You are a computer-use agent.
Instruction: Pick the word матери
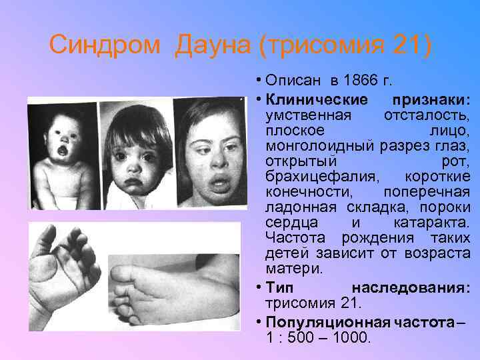[x=293, y=269]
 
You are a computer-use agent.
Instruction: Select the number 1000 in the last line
[x=349, y=337]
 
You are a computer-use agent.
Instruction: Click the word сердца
[x=291, y=223]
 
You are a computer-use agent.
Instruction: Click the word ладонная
[x=297, y=207]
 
